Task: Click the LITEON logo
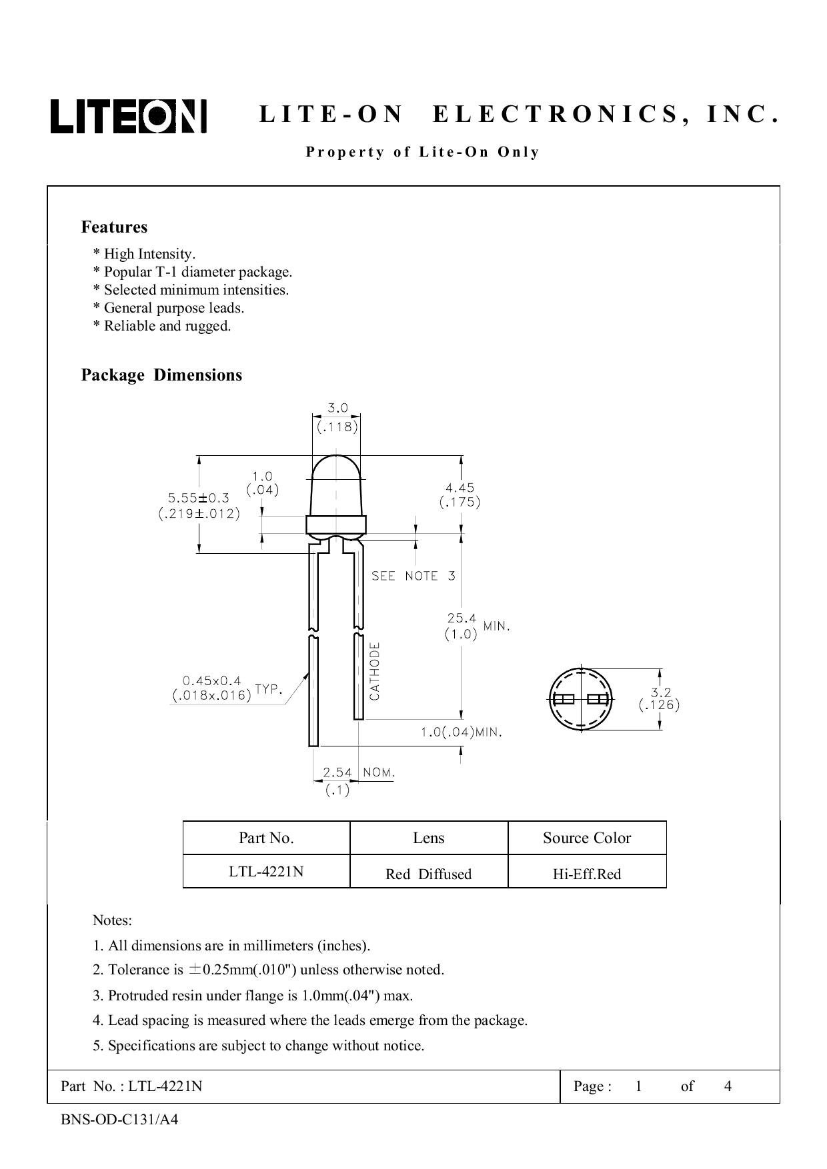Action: (129, 117)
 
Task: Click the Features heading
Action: (114, 227)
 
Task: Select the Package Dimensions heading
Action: (161, 375)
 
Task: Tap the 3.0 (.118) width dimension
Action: (337, 418)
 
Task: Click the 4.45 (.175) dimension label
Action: (460, 495)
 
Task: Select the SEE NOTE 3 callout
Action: (414, 576)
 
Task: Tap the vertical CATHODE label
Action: (375, 670)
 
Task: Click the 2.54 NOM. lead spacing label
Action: (358, 772)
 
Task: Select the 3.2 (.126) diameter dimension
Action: (659, 698)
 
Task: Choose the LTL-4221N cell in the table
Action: (266, 872)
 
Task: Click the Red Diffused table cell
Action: (428, 874)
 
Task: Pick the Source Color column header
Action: (587, 838)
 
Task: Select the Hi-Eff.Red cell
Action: (587, 874)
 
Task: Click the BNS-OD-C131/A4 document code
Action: (119, 1120)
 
